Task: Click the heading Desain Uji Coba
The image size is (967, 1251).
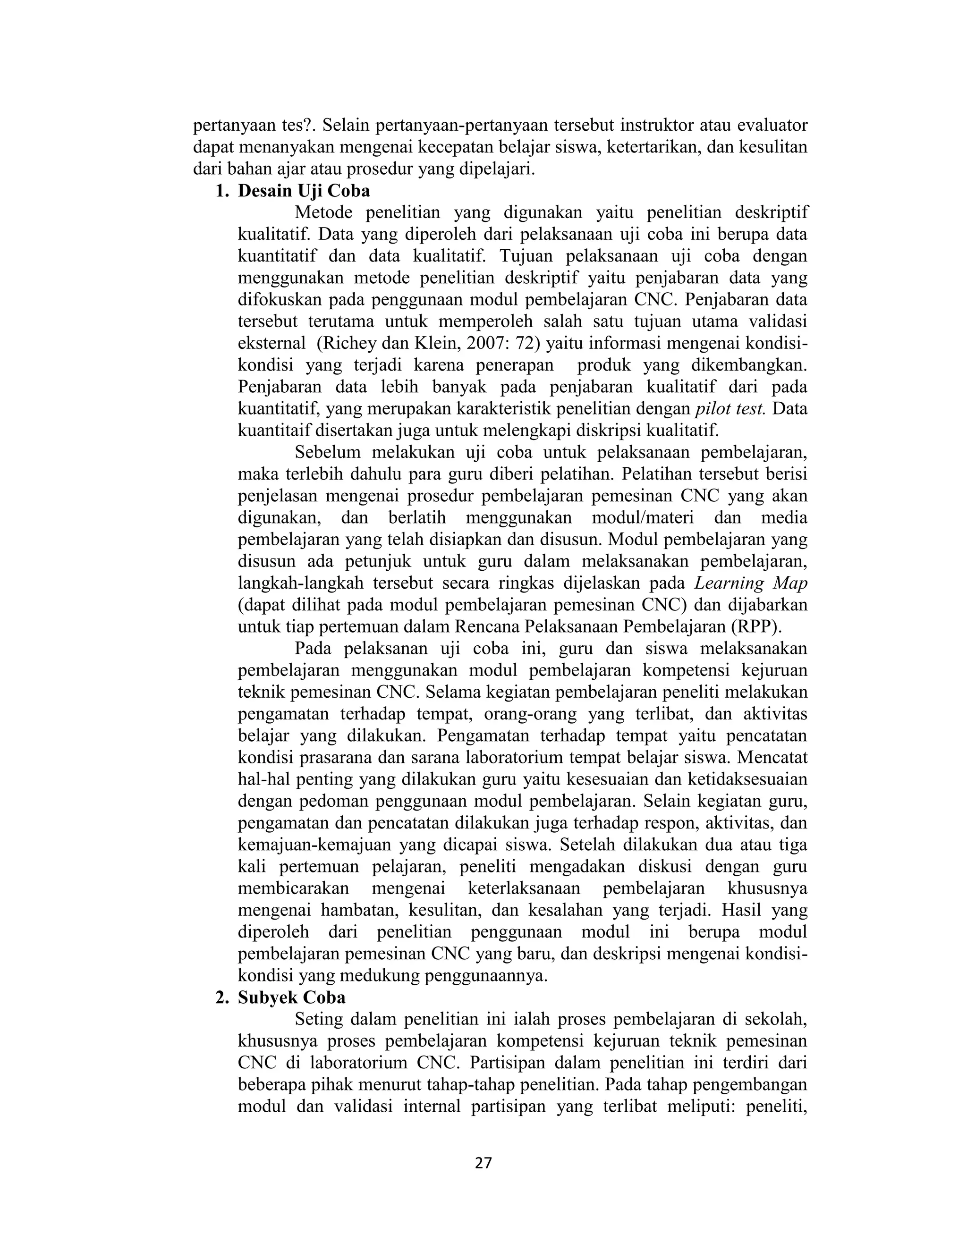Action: (304, 191)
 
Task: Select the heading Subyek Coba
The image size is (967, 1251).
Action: (292, 998)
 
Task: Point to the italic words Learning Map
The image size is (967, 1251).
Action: (750, 583)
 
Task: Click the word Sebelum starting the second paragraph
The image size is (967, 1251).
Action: (328, 453)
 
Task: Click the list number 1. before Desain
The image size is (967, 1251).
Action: (222, 191)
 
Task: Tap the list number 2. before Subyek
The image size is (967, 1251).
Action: (222, 998)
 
